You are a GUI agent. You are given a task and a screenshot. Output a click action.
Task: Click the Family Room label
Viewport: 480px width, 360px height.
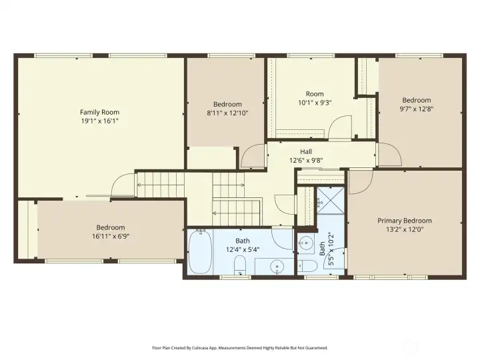tap(99, 113)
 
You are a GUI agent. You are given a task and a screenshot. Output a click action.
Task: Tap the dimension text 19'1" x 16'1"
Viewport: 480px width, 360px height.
tap(99, 121)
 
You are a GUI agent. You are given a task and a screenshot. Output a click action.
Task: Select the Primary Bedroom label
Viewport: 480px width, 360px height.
tap(405, 221)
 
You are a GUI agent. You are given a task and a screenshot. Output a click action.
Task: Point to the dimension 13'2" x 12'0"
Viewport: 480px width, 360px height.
tap(405, 229)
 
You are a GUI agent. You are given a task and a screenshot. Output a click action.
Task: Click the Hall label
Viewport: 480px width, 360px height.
tap(306, 151)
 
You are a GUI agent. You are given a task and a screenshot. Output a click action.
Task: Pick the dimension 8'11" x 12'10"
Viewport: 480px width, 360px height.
tap(227, 113)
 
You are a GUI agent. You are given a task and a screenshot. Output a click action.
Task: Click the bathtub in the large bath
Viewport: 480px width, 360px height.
tap(201, 251)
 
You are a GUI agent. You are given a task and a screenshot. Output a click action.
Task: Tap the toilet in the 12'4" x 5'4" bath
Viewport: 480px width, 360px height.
tap(240, 265)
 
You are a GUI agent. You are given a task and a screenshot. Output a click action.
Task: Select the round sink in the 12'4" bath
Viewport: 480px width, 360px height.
tap(278, 266)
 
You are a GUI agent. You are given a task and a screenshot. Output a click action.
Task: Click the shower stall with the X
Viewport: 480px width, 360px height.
tap(331, 201)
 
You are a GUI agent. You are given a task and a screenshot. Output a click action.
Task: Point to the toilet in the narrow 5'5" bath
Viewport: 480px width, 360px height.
tap(307, 266)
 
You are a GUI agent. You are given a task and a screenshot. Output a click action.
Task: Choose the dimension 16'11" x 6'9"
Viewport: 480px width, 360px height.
tap(111, 236)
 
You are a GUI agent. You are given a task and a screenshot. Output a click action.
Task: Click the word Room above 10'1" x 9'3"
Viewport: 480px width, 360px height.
tap(315, 94)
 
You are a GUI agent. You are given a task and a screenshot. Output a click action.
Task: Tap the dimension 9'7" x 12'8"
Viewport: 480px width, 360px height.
tap(417, 109)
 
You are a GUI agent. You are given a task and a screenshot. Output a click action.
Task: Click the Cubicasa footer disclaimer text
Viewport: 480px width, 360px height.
tap(240, 348)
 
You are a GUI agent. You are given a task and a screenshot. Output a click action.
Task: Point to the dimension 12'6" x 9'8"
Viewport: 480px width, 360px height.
tap(306, 160)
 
